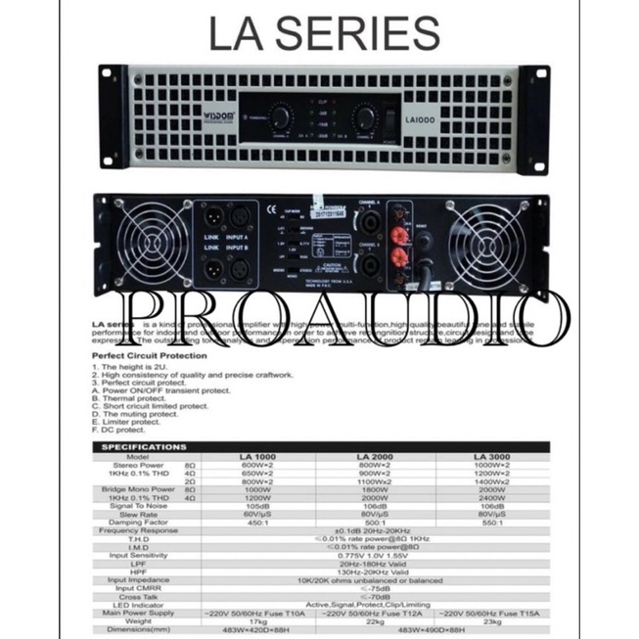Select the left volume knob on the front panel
pos(281,118)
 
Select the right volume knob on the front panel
pos(365,118)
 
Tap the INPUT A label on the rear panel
pos(239,234)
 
